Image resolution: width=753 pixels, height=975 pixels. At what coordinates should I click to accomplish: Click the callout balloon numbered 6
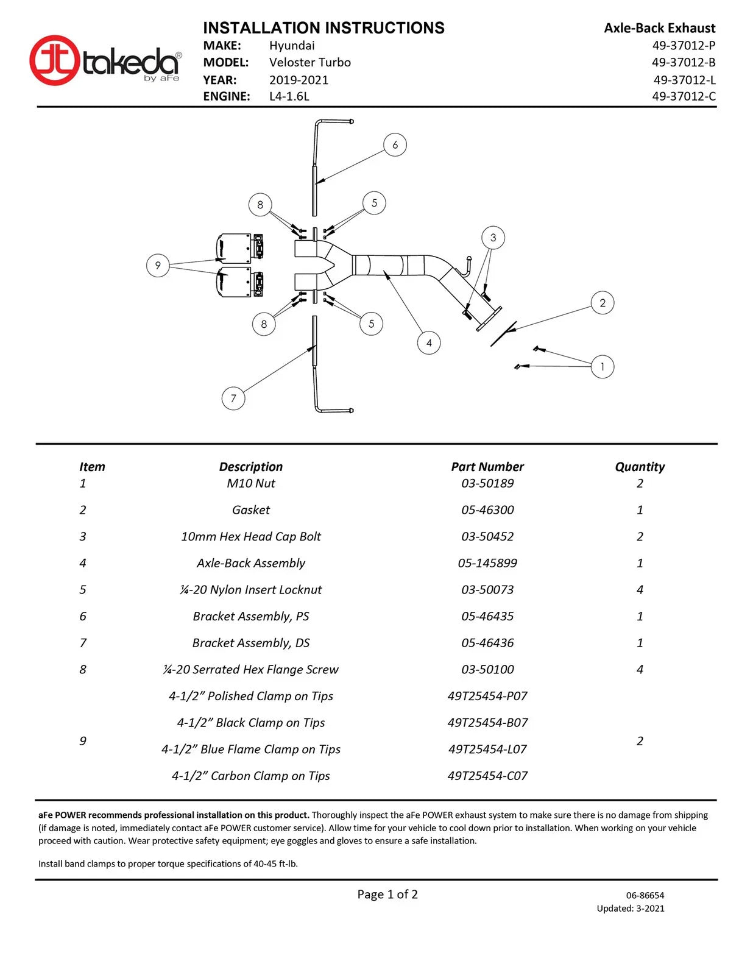[395, 145]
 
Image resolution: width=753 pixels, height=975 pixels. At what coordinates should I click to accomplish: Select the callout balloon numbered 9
[158, 265]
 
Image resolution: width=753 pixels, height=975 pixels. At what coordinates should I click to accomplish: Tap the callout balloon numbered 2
[603, 303]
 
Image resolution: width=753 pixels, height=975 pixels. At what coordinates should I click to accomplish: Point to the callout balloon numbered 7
[233, 398]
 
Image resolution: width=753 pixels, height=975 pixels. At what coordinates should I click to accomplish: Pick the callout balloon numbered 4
[429, 343]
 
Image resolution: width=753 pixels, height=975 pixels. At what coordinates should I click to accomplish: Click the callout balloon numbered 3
[493, 238]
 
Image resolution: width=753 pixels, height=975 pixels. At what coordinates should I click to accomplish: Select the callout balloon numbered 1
[603, 367]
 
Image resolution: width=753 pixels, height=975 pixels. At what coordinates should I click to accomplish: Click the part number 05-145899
[487, 562]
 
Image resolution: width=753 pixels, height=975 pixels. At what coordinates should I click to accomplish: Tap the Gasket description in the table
[251, 509]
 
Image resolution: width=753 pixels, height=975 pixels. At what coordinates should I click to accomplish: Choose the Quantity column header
[640, 467]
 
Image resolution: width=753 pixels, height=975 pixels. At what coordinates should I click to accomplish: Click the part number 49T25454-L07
[487, 749]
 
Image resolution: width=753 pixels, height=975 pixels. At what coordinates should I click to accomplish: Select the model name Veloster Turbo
[310, 62]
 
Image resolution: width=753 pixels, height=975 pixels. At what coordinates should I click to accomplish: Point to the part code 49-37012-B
[684, 62]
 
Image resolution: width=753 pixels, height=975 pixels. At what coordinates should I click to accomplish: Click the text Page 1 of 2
[387, 894]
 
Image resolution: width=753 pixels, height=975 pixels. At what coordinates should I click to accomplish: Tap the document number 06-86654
[645, 895]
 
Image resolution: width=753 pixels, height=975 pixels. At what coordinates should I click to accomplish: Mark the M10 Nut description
[251, 483]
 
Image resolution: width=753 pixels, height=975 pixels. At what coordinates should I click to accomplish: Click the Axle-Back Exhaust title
[660, 28]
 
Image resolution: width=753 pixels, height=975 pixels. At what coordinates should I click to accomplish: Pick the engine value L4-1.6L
[289, 96]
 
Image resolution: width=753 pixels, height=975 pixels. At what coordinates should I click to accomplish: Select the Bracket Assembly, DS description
[251, 642]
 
